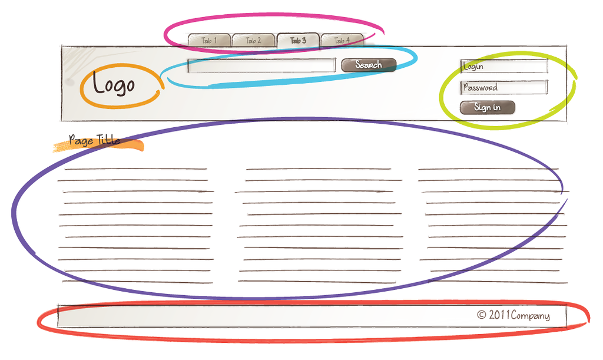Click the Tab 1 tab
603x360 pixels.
[x=209, y=41]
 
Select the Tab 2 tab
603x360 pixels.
[x=253, y=41]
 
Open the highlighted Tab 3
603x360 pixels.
[x=298, y=41]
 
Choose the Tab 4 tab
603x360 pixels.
[x=342, y=41]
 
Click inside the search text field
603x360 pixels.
[x=261, y=65]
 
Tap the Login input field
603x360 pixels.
[x=504, y=66]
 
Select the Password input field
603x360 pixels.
[x=504, y=87]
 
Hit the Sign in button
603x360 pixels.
[x=487, y=107]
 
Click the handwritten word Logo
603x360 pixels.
[x=114, y=84]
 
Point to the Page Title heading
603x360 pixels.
[x=95, y=140]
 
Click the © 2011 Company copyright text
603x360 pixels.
[x=513, y=315]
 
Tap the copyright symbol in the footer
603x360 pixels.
[x=482, y=315]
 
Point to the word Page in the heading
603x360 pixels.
[x=81, y=141]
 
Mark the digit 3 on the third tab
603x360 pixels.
[x=303, y=40]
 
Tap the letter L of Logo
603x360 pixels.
[x=98, y=82]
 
